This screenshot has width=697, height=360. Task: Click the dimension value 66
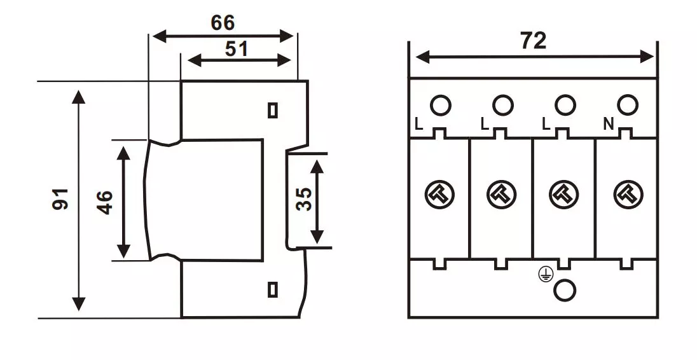223,24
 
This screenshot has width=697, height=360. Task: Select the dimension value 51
236,50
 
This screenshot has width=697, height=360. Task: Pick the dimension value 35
304,198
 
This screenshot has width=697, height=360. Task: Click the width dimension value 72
533,41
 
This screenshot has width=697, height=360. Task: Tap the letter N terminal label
608,125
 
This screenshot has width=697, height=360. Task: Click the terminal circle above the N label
627,105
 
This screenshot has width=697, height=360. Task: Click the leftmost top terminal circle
440,105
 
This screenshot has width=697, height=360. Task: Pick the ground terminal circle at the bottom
565,290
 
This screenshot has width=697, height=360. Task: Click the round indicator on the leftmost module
439,194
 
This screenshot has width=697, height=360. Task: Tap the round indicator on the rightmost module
628,194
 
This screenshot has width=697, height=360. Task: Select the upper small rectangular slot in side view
273,110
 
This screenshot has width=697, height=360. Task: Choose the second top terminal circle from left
502,105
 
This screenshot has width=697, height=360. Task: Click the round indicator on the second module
502,194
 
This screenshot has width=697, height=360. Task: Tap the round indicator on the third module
564,194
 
